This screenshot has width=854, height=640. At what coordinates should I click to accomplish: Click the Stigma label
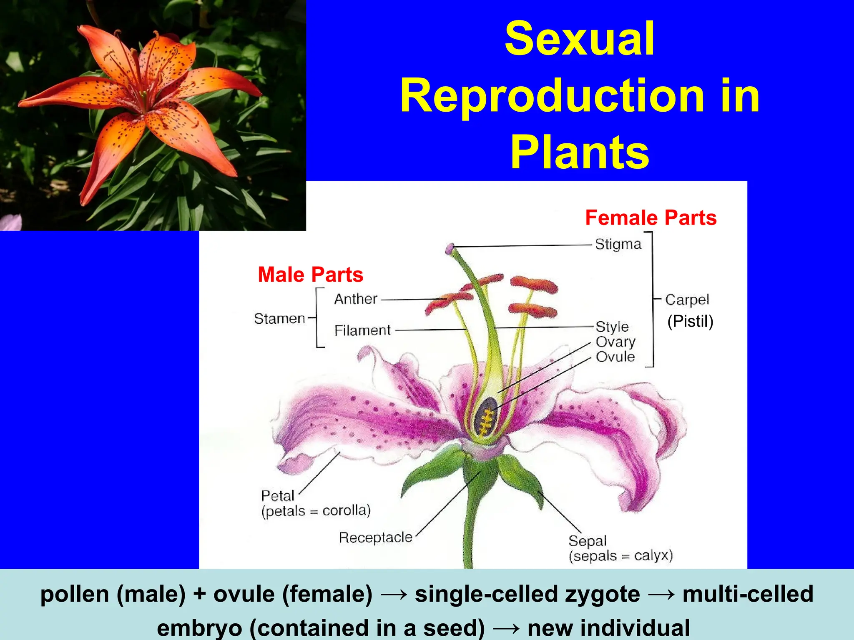[618, 244]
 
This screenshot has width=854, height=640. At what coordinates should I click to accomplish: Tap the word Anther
[356, 299]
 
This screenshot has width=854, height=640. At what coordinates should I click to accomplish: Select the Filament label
[362, 330]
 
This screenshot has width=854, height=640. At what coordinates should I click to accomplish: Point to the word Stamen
[280, 319]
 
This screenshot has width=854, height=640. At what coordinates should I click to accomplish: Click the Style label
[612, 327]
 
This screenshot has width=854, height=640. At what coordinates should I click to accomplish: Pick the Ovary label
[615, 342]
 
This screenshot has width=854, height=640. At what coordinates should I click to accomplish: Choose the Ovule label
[615, 357]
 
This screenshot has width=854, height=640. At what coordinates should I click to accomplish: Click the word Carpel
[687, 300]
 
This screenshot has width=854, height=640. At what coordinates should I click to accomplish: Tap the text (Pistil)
[690, 321]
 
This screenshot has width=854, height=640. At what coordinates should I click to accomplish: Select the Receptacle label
[375, 537]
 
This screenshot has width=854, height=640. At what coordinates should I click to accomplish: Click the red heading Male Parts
[310, 275]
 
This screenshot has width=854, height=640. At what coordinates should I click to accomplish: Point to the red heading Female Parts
[651, 217]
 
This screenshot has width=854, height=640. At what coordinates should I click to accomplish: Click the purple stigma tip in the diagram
[450, 249]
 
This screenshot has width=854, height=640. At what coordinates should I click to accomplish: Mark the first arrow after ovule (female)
[394, 595]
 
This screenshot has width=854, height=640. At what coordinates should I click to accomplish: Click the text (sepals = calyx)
[620, 556]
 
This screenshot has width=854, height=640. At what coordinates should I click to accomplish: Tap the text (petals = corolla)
[316, 510]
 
